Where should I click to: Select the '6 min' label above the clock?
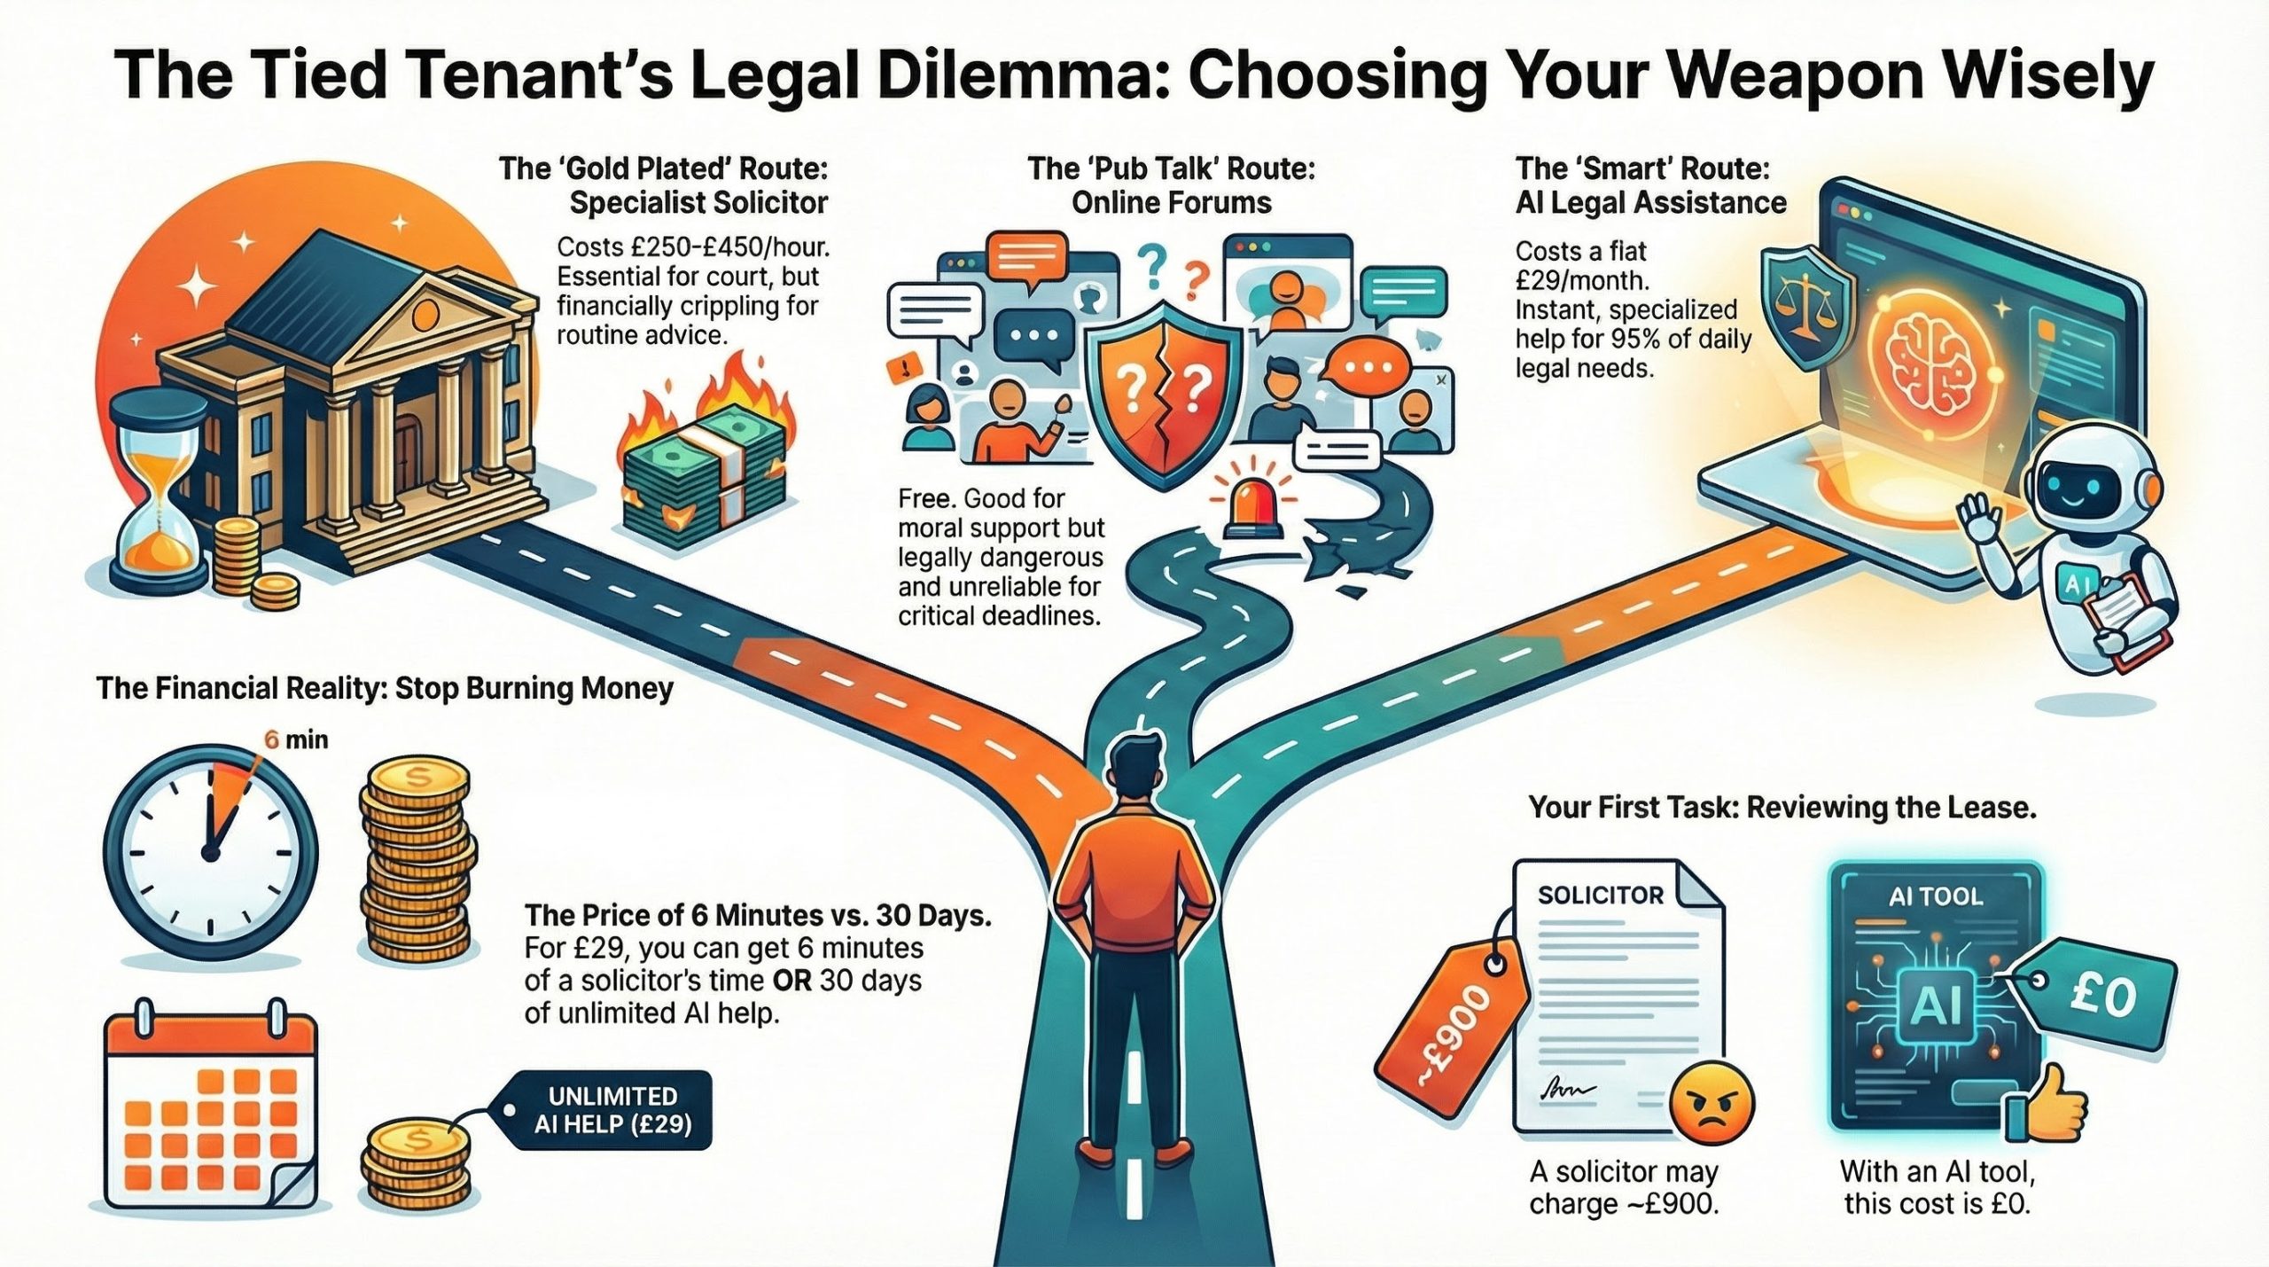click(x=296, y=739)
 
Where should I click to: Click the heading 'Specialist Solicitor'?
click(x=698, y=203)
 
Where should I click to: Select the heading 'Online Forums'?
click(x=1171, y=203)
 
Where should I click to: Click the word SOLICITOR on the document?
click(x=1601, y=896)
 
